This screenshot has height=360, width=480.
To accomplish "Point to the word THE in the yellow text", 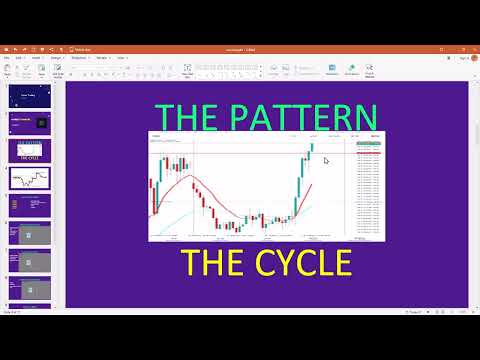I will (207, 262).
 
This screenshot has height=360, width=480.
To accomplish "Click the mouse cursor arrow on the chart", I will (327, 160).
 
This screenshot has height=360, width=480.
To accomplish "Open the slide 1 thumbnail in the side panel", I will (29, 98).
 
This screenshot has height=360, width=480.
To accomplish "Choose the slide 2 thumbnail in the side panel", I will (29, 123).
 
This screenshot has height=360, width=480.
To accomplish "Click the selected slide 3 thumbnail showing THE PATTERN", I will (29, 151).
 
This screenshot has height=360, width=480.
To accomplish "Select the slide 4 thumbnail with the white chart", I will (29, 178).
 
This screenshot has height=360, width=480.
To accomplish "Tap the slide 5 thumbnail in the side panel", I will (29, 206).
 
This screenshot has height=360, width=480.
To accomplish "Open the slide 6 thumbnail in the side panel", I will (29, 234).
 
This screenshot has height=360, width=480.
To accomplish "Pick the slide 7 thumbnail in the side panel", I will (29, 261).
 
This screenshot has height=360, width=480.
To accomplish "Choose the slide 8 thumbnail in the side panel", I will (29, 289).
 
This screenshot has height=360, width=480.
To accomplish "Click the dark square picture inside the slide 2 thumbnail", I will (41, 123).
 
